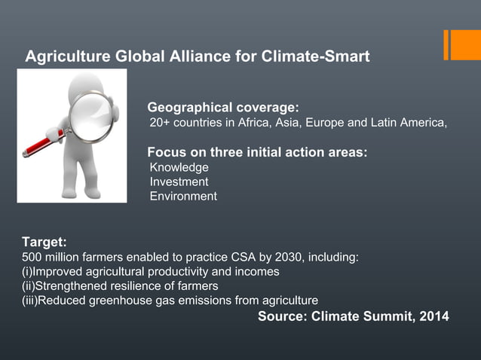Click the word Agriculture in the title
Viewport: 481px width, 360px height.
click(x=61, y=57)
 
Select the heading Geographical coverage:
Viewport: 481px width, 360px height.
click(x=223, y=106)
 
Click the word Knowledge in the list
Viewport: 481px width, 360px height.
click(x=179, y=167)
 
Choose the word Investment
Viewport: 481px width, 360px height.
click(x=179, y=182)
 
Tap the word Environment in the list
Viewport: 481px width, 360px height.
click(x=183, y=196)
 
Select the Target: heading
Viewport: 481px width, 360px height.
click(x=44, y=243)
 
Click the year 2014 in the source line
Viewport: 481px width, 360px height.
click(x=433, y=316)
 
